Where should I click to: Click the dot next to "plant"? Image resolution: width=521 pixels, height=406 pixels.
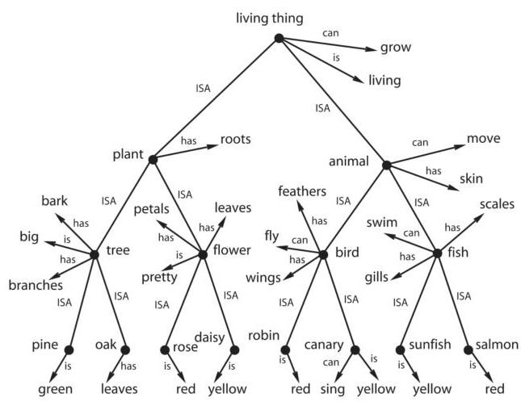[x=153, y=159]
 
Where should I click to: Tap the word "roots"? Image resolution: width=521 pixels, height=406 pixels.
[x=235, y=140]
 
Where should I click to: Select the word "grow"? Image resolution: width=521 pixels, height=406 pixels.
[x=396, y=48]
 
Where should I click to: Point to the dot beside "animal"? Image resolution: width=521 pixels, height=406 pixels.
[x=386, y=165]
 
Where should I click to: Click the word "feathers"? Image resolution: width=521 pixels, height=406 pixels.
[x=302, y=191]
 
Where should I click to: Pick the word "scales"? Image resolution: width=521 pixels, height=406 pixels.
[x=496, y=204]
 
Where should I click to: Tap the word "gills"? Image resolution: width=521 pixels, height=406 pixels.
[x=375, y=277]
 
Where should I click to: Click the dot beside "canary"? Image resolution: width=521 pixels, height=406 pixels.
[x=355, y=349]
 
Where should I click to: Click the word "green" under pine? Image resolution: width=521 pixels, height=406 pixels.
[x=56, y=389]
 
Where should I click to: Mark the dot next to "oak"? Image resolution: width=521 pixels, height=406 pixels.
[x=125, y=349]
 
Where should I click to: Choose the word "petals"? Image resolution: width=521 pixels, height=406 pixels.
[x=151, y=210]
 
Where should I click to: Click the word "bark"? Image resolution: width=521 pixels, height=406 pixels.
[x=54, y=200]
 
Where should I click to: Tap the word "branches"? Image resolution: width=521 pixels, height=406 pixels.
[x=35, y=285]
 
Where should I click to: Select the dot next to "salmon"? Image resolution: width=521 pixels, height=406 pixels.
[x=468, y=349]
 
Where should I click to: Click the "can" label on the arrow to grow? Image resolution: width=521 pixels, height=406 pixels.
[x=330, y=33]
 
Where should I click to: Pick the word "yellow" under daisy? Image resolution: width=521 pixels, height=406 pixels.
[x=227, y=389]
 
